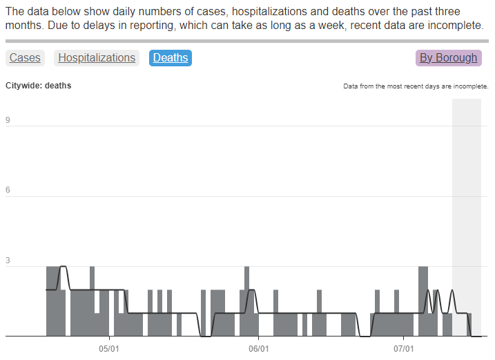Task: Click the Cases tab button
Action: click(x=25, y=58)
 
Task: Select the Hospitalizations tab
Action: click(x=97, y=58)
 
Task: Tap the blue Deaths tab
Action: click(x=171, y=58)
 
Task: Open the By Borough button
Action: click(x=448, y=58)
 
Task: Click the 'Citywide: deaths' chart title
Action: click(x=38, y=86)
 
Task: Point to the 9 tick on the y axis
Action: click(x=8, y=121)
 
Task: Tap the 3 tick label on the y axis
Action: click(x=8, y=261)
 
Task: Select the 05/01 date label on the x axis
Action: click(x=109, y=348)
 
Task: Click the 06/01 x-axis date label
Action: click(x=258, y=348)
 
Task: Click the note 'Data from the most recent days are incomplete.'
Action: click(x=416, y=87)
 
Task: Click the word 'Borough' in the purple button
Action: click(x=456, y=58)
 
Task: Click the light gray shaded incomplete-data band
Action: click(x=466, y=207)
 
